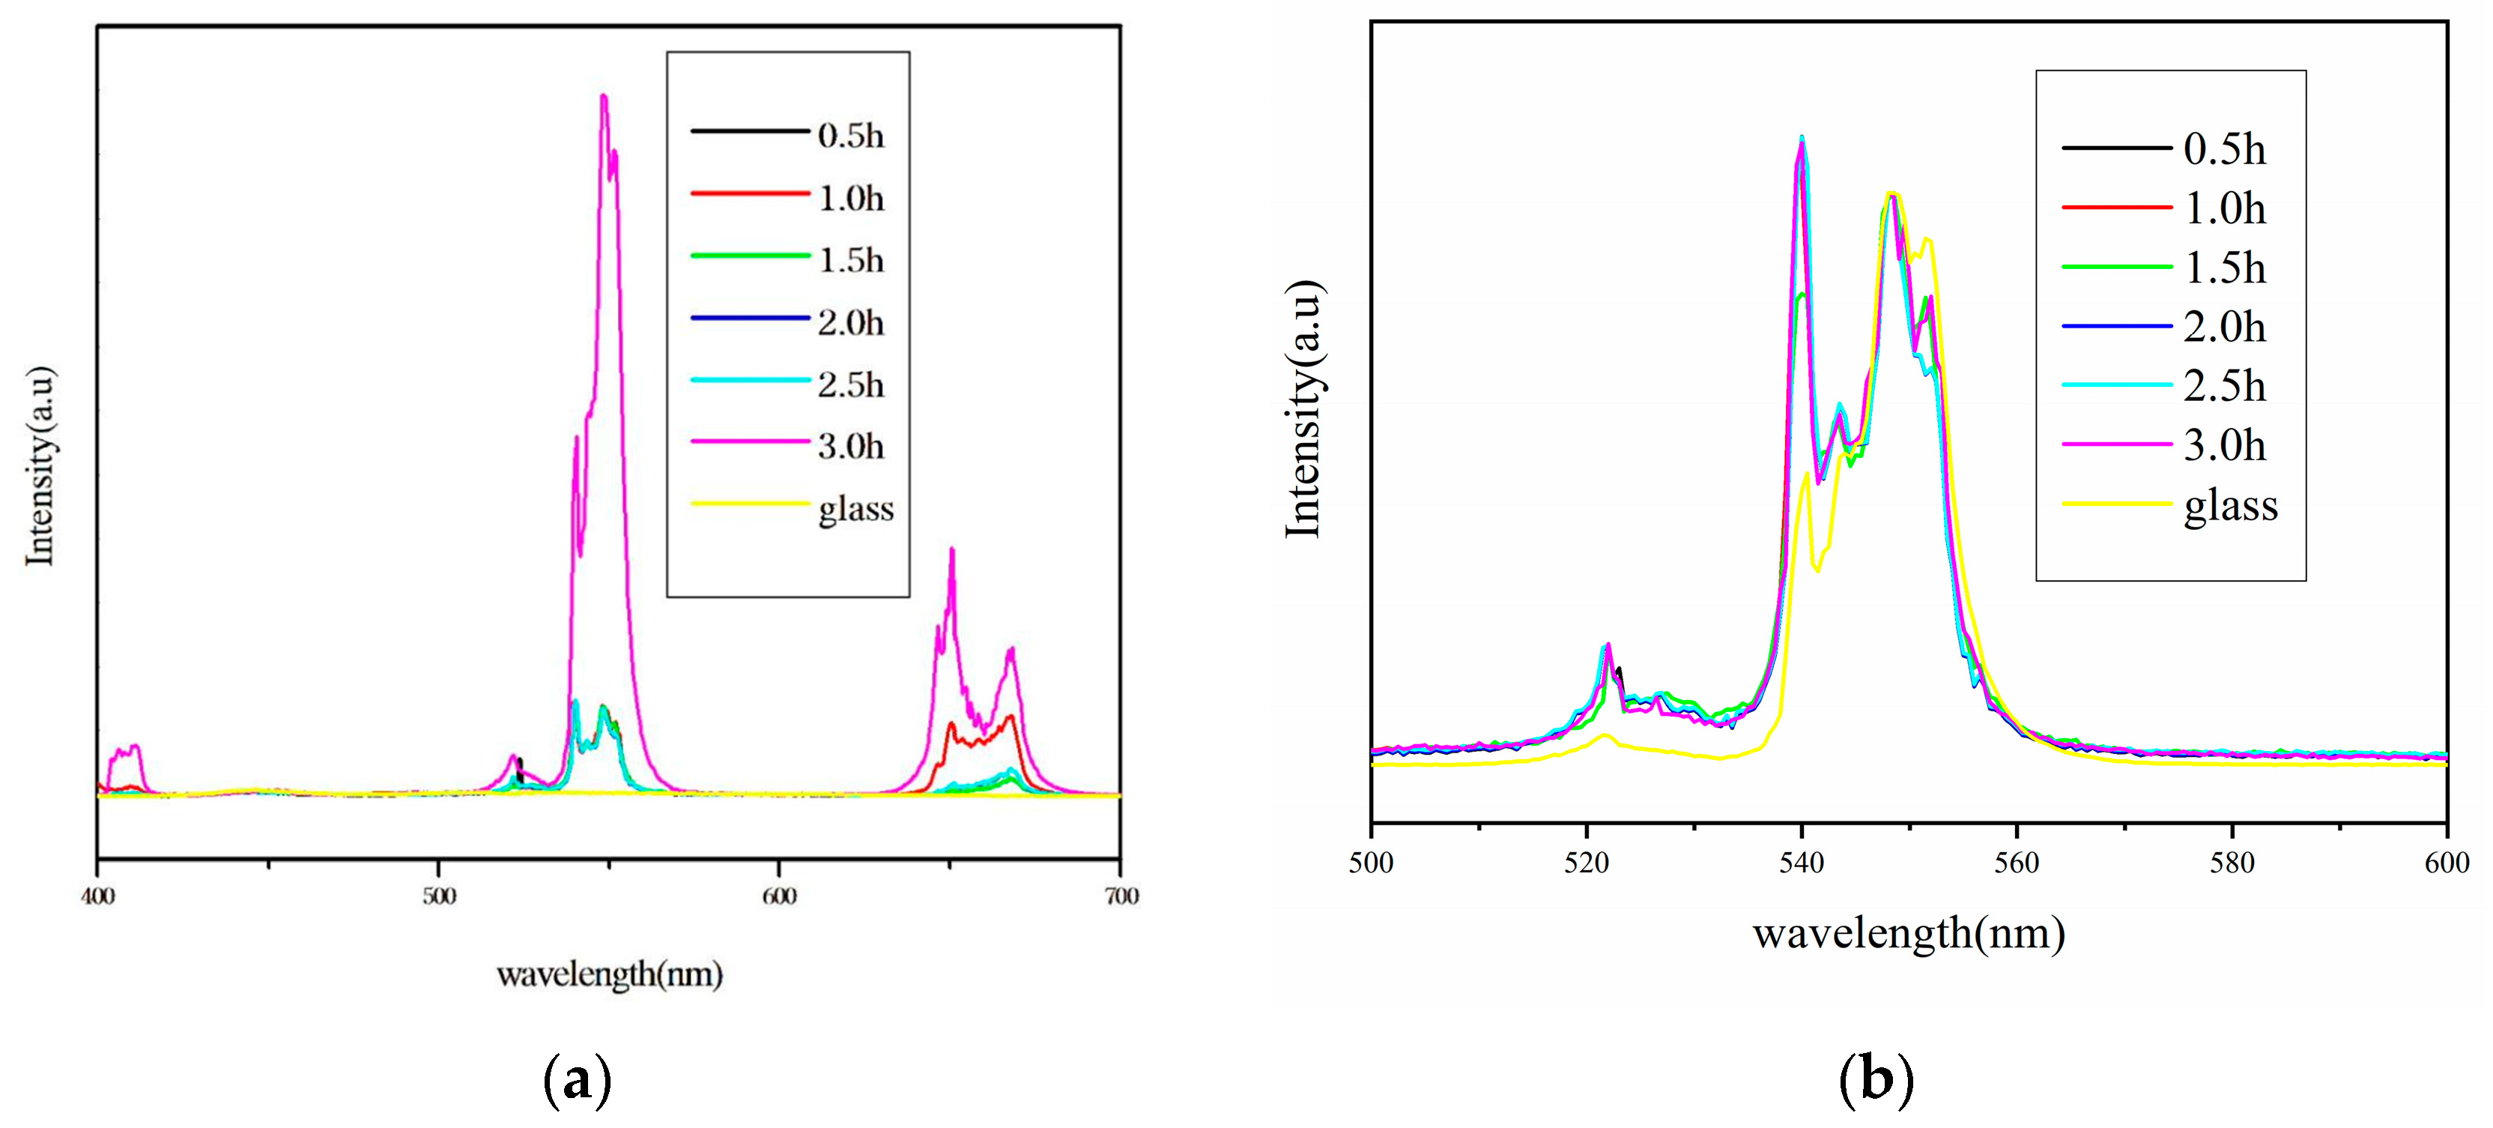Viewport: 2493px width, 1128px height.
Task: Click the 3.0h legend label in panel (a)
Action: pos(851,447)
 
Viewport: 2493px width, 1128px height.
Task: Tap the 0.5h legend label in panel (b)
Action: pos(2225,149)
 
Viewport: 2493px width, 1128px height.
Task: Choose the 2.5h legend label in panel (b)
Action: pos(2225,386)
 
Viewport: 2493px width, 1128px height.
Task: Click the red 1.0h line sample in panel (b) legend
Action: pos(2116,207)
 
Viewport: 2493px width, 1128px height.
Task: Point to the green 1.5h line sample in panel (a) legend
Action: pos(749,256)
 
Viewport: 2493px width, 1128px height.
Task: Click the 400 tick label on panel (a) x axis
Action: pos(97,896)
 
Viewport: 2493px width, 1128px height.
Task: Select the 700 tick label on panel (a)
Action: pos(1121,896)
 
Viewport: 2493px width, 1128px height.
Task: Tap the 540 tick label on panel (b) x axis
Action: pos(1801,863)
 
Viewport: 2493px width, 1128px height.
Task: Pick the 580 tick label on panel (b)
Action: pos(2232,863)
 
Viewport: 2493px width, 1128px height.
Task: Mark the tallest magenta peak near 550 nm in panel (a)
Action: pos(604,96)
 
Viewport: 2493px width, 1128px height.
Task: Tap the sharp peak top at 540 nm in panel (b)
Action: pos(1801,137)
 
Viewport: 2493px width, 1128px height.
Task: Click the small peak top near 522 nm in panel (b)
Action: pos(1607,644)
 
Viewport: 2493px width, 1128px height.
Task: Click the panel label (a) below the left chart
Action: pos(578,1079)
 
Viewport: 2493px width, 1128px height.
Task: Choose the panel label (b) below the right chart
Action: pos(1876,1079)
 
